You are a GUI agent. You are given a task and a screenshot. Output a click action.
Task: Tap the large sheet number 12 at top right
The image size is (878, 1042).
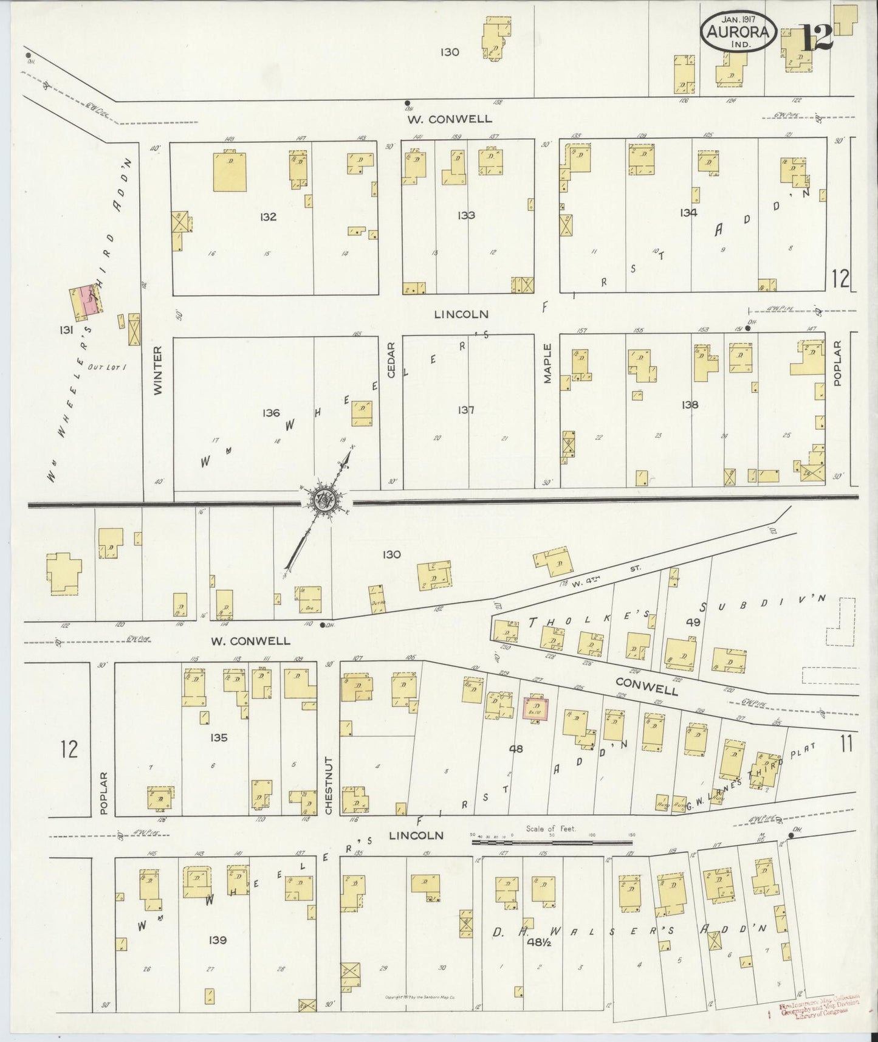pos(817,38)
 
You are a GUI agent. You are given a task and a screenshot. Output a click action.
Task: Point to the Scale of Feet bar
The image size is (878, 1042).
pos(553,843)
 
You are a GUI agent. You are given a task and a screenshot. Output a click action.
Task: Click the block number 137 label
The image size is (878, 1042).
pos(466,410)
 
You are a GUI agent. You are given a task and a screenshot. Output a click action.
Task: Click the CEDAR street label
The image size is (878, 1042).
pos(391,360)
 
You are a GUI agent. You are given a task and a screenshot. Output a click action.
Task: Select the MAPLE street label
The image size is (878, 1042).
pos(547,364)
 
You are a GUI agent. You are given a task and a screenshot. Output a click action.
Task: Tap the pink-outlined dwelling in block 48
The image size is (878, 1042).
pos(536,708)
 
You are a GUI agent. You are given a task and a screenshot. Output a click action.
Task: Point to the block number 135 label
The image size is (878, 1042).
pos(218,737)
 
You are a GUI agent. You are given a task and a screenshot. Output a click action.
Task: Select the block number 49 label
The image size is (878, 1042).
pos(693,622)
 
